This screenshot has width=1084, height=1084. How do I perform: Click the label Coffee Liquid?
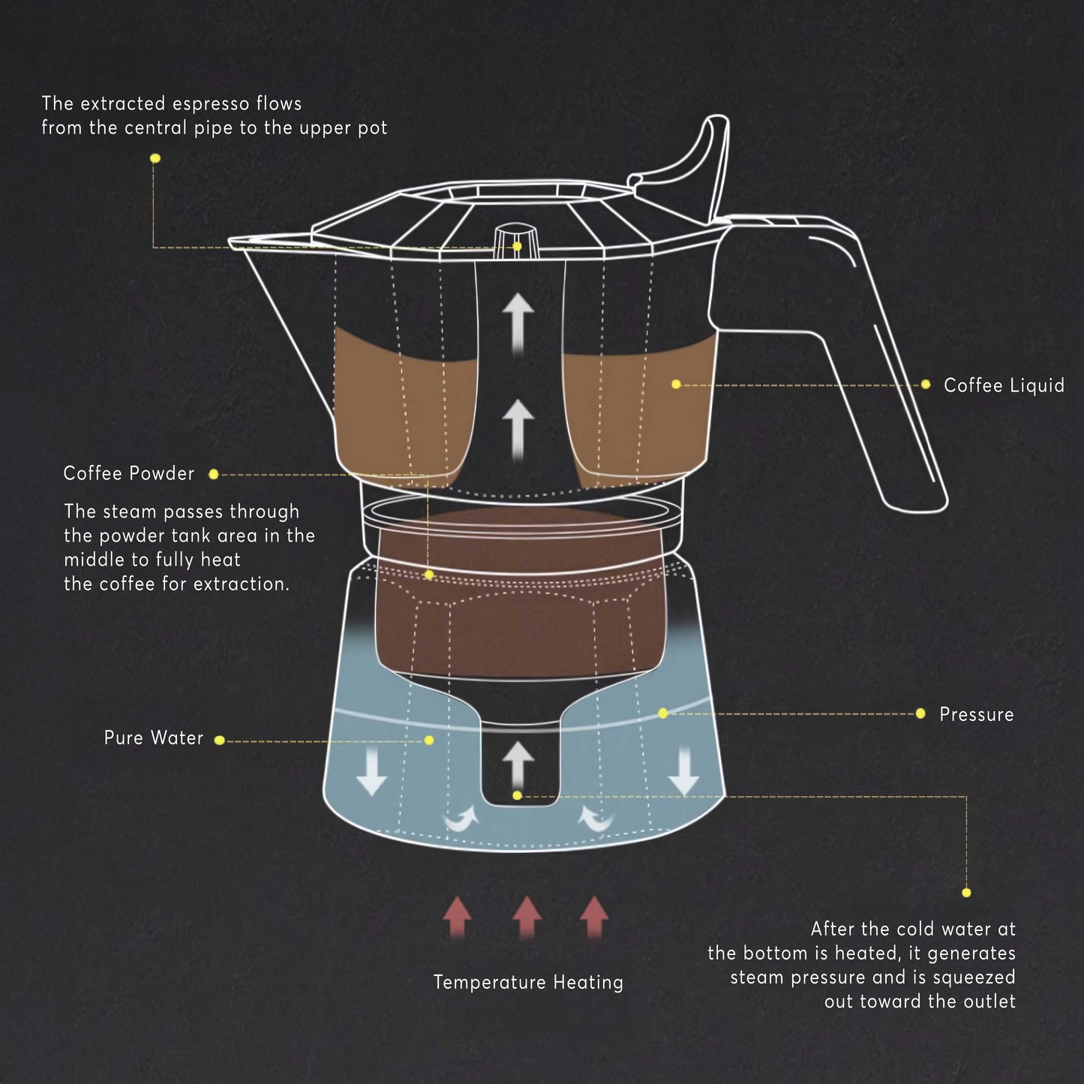(1003, 386)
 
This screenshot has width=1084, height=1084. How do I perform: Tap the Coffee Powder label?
(128, 473)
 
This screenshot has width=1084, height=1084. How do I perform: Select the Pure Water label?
(153, 738)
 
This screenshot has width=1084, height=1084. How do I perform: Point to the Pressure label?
(976, 714)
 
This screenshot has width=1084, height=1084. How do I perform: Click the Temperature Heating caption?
(528, 982)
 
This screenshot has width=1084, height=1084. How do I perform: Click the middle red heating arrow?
(527, 916)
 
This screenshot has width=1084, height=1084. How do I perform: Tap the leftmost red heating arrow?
(457, 916)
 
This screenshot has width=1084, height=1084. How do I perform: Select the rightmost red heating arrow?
(594, 916)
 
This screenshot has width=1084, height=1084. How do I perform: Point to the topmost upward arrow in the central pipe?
(518, 321)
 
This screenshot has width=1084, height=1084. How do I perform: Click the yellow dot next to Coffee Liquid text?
(925, 384)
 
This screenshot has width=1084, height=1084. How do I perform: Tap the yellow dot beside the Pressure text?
(920, 713)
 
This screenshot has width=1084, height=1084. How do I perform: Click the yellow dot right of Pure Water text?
(219, 740)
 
